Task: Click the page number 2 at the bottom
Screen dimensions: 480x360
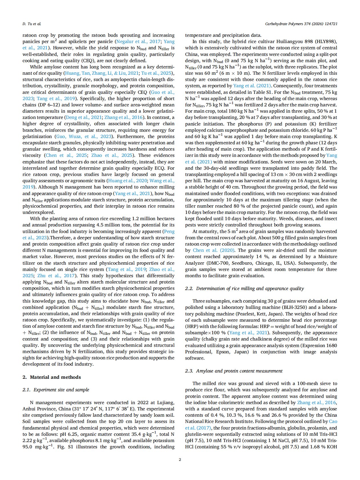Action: [180, 459]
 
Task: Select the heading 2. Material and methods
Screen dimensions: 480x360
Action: [52, 377]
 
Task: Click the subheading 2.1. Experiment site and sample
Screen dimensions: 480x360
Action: [56, 390]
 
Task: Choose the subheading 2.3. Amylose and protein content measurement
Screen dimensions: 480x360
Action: [234, 371]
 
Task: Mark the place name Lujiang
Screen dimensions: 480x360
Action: [164, 402]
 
